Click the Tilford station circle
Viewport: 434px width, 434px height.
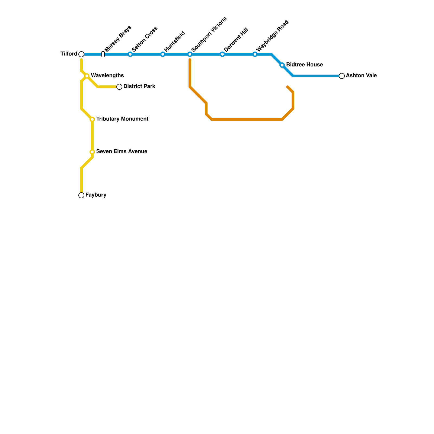(81, 54)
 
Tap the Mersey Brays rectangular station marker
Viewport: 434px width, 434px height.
(103, 54)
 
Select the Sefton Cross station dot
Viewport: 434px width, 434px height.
(130, 54)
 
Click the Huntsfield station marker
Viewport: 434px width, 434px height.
(163, 54)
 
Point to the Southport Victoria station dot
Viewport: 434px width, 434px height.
(190, 54)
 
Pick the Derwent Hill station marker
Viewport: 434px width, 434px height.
(222, 54)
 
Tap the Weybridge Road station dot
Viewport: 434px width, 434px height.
(255, 54)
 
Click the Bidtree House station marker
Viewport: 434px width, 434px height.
(282, 65)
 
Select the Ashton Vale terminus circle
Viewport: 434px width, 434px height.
(342, 76)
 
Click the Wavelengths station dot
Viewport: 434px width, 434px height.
(87, 76)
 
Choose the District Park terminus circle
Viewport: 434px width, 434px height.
(119, 87)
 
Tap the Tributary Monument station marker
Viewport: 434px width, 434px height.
(92, 119)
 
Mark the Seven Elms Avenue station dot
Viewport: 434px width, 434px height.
(92, 152)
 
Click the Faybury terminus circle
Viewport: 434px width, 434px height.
(81, 195)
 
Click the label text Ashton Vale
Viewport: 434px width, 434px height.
(361, 76)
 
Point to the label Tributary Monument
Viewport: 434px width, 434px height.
(122, 119)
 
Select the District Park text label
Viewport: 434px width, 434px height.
(139, 87)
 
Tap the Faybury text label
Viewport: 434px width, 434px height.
(96, 195)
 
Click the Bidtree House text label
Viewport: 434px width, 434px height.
(304, 65)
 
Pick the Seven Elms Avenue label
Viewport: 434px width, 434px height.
(122, 152)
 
